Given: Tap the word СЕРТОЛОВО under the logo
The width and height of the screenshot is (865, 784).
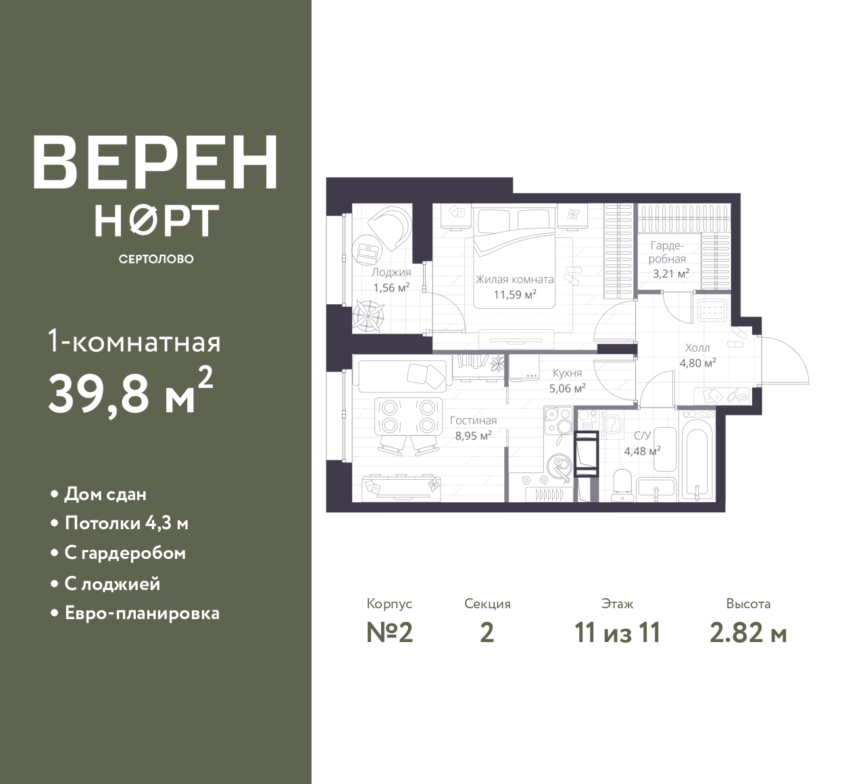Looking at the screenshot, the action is (x=156, y=259).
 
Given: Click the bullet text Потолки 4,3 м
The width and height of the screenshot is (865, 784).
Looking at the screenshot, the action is (x=126, y=524).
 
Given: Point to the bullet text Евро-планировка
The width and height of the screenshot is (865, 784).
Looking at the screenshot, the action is (x=142, y=613).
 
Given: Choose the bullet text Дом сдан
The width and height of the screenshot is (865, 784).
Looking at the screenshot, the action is (x=105, y=494).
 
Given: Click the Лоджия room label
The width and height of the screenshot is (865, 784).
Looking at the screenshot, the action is (x=391, y=272).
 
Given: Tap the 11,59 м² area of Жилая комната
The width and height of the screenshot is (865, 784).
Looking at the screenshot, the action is (x=515, y=295).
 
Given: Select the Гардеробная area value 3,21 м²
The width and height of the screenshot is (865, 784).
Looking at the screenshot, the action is (x=670, y=274).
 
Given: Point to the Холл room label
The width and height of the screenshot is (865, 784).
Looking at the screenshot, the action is (x=697, y=347).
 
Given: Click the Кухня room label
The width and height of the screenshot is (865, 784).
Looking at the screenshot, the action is (x=567, y=373).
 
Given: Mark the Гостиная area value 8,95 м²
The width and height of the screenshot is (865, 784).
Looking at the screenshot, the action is (x=474, y=435).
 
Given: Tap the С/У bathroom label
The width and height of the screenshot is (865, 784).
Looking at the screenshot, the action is (x=642, y=435).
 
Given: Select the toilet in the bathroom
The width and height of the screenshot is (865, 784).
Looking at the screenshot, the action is (x=623, y=485).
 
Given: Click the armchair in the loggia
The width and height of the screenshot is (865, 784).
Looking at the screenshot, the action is (x=388, y=227).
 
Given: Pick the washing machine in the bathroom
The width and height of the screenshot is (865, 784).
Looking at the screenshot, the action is (x=611, y=424).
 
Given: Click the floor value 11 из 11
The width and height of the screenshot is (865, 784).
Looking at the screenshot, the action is (x=617, y=633).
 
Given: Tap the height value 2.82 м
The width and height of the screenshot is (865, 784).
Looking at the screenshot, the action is (x=748, y=633).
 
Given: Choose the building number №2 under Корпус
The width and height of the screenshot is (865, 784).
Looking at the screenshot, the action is (x=389, y=633).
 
